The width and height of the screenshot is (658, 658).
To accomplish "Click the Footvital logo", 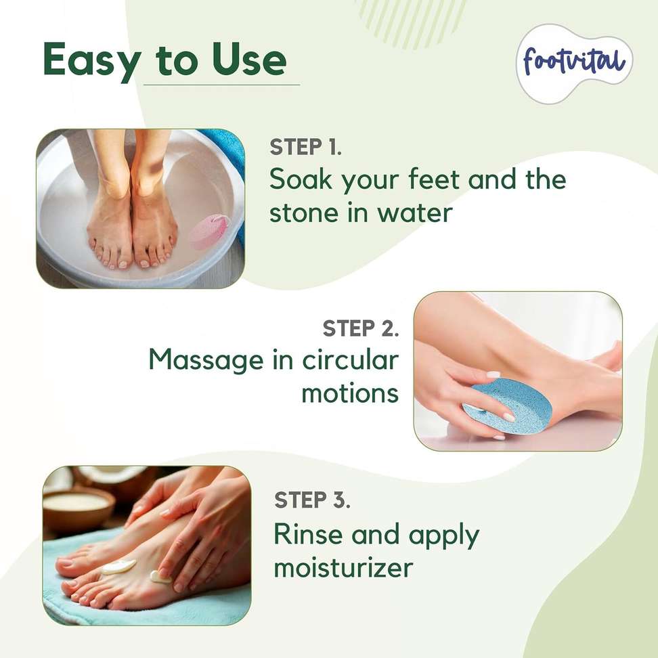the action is coord(574,63).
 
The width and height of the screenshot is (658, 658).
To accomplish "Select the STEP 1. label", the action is coord(305,147).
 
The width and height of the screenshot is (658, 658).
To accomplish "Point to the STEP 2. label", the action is coord(361,328).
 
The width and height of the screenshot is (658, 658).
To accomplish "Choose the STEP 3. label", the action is coord(312,500).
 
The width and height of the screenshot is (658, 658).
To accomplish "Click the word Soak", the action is coord(301,179).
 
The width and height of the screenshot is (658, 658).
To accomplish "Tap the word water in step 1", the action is coord(414,213).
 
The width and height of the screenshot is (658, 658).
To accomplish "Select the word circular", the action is coord(351,360).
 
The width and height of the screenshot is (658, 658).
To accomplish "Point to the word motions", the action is coord(350,393).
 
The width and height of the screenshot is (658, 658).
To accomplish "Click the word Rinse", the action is coord(308,534).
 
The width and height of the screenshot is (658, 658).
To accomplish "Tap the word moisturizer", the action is coord(344,567).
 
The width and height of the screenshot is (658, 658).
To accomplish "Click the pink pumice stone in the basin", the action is coord(210,232).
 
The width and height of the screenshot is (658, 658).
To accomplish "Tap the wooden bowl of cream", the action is coord(79,508).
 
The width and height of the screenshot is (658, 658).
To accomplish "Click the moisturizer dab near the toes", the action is coord(119,567).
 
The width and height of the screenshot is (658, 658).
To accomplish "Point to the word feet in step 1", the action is coord(435,179).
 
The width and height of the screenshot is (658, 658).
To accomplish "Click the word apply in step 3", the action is coord(444,537).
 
